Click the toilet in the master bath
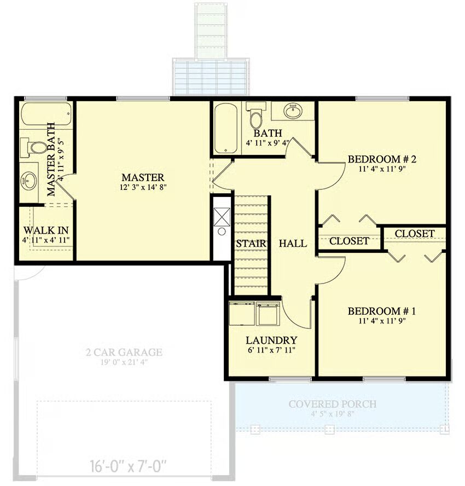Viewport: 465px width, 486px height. click(x=33, y=148)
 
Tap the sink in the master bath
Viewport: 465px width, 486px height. click(x=29, y=181)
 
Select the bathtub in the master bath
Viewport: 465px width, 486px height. click(x=47, y=114)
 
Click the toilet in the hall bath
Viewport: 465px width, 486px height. click(x=256, y=115)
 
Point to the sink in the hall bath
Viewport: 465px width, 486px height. click(x=293, y=111)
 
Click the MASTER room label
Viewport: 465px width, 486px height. click(x=143, y=178)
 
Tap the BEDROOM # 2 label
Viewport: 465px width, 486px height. click(x=382, y=159)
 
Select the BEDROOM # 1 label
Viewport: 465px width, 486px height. click(x=382, y=311)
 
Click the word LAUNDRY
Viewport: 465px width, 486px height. click(x=271, y=340)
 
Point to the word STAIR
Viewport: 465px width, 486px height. click(x=251, y=244)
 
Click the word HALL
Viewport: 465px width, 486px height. click(x=293, y=244)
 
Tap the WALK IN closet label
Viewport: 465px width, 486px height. click(x=46, y=230)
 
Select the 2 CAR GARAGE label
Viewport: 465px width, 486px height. click(x=124, y=352)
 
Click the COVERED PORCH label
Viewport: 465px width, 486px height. click(x=333, y=404)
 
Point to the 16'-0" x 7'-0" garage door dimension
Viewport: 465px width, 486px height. click(x=128, y=466)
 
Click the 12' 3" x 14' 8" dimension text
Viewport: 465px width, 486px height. click(x=143, y=187)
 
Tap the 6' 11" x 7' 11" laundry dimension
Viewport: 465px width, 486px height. click(x=271, y=350)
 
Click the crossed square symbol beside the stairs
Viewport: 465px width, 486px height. click(x=222, y=217)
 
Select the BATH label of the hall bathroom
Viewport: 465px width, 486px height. click(x=268, y=134)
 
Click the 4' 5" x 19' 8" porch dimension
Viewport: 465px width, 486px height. click(x=333, y=414)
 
